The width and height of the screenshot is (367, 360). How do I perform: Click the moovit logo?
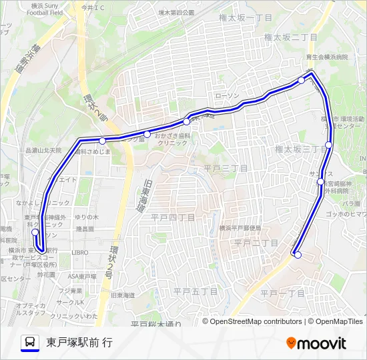[316, 343]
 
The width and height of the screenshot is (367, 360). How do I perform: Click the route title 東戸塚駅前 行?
[79, 343]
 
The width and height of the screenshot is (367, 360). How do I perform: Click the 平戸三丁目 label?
[226, 169]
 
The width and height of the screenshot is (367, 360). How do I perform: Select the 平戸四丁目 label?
[173, 217]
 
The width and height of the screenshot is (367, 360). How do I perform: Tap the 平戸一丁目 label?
[282, 293]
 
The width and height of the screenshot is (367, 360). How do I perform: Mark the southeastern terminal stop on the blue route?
[298, 255]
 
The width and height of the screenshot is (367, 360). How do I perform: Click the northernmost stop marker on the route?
[302, 80]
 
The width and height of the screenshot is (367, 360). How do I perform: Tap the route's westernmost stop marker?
[35, 233]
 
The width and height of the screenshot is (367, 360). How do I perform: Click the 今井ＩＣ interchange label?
[93, 8]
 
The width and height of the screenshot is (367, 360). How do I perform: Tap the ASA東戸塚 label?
[83, 276]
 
